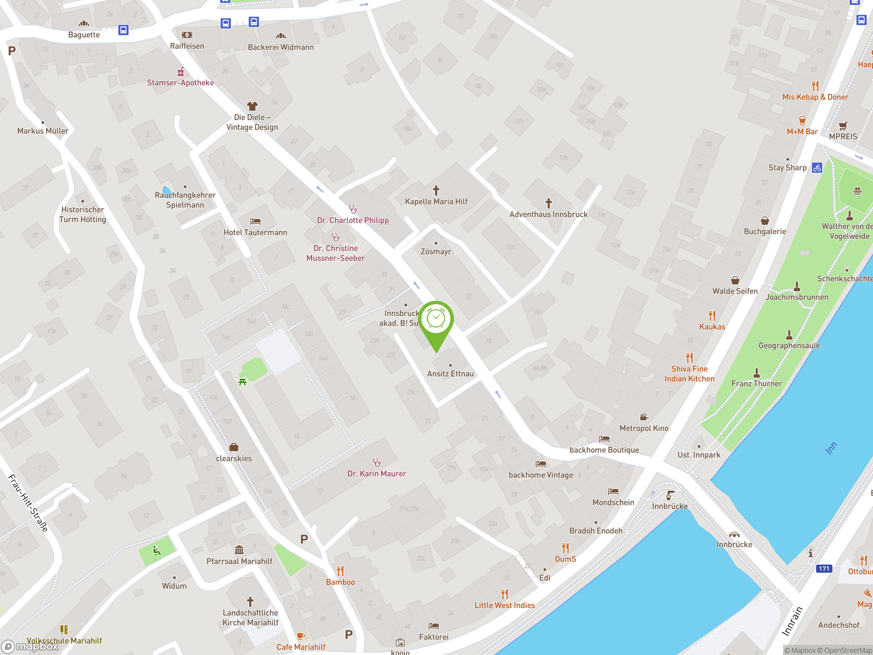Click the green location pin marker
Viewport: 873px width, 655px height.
436,322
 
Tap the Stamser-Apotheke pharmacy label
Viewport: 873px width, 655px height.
180,83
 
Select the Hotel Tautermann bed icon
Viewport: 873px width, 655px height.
255,221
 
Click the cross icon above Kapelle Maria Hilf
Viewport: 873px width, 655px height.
436,190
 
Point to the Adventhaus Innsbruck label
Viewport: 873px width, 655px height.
548,214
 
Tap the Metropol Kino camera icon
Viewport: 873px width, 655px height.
644,417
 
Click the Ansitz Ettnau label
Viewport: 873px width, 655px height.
450,374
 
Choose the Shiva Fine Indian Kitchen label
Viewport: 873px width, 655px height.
689,374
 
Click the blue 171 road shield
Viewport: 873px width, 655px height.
824,569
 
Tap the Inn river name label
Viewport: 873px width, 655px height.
831,448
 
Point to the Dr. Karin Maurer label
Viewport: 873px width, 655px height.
376,474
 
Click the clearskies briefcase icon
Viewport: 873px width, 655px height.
234,447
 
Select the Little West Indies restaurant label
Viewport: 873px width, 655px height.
504,605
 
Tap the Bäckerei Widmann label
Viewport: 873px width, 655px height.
281,47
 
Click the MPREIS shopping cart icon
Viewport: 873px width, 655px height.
843,126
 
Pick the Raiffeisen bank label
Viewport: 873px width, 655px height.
187,46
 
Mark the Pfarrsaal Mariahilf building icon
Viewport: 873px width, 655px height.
239,550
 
